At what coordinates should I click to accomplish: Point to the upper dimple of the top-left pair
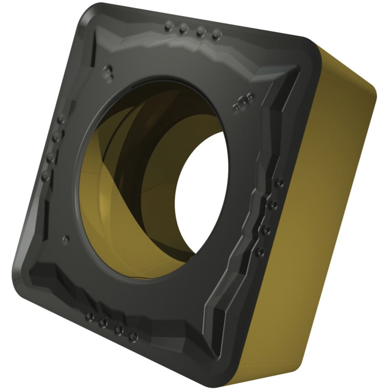point(108,69)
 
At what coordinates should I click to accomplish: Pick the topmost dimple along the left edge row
point(60,119)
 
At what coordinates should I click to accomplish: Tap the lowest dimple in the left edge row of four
point(45,175)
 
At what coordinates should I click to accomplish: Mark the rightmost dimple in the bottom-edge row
point(133,337)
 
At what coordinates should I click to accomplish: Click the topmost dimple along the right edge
point(279,183)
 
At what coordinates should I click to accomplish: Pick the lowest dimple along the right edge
point(259,252)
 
